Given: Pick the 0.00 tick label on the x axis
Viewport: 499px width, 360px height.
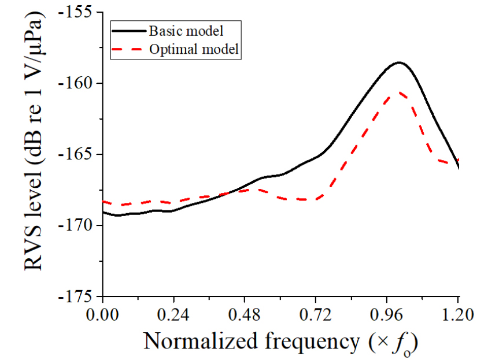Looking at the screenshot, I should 103,316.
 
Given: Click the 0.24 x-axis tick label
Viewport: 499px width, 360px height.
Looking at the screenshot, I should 173,316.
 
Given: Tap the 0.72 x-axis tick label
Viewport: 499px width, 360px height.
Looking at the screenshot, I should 316,316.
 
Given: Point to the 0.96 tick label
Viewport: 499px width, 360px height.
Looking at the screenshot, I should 387,316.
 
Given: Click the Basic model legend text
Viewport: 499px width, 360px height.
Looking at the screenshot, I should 186,29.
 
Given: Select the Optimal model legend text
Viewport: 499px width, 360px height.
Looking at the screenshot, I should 194,50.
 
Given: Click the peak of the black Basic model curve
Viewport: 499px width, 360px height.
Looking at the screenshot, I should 399,62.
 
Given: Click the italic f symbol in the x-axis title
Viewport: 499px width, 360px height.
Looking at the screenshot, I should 398,342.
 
